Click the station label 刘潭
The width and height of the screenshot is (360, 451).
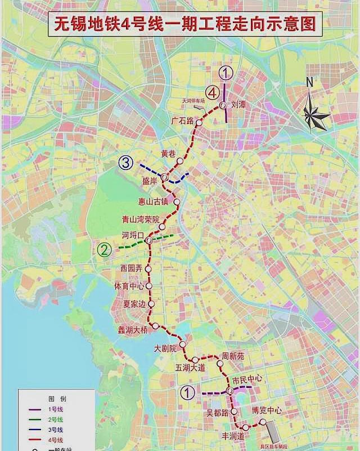[238, 105]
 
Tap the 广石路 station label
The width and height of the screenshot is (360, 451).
[182, 120]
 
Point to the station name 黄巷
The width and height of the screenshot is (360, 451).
[168, 153]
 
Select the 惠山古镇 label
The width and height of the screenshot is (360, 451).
[153, 202]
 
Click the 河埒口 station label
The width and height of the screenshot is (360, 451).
[133, 235]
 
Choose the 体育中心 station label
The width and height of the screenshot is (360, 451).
[129, 285]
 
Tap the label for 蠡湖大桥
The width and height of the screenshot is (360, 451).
[132, 330]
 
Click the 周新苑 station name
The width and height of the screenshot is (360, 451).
[233, 356]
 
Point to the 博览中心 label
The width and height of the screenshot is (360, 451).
[266, 411]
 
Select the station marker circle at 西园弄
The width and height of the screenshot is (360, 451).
[148, 269]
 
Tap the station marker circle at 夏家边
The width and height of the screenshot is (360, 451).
[150, 304]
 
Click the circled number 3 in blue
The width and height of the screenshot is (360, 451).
[125, 163]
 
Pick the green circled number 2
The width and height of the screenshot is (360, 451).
[103, 249]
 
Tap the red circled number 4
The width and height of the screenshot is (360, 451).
[211, 92]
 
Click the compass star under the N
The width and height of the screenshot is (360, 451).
[316, 116]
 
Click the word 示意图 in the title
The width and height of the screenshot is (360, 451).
[287, 25]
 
